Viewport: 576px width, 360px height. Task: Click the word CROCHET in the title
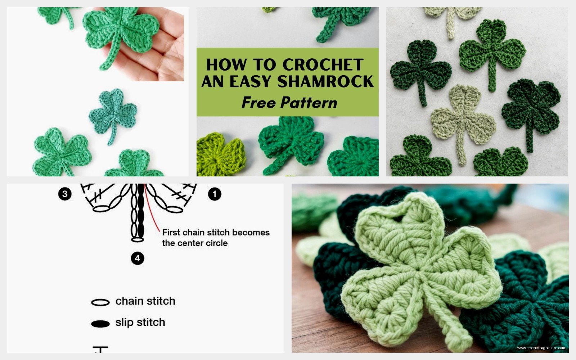pos(323,65)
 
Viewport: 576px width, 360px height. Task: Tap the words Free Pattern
pos(289,103)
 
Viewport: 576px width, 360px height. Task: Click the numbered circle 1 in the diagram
pos(215,194)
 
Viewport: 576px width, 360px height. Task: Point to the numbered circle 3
pos(65,194)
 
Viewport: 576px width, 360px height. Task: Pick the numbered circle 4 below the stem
pos(137,258)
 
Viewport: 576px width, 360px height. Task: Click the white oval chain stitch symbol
pos(100,302)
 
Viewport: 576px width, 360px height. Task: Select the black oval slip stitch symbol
pos(100,324)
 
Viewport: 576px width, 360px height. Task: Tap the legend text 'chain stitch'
pos(145,301)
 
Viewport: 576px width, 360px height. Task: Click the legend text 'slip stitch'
pos(140,322)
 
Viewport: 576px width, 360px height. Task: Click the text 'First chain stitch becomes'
pos(216,233)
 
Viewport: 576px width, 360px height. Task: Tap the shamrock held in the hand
pos(121,34)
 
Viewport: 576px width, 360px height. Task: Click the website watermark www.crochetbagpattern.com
pos(541,348)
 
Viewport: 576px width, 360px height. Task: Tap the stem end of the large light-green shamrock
pos(464,340)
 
